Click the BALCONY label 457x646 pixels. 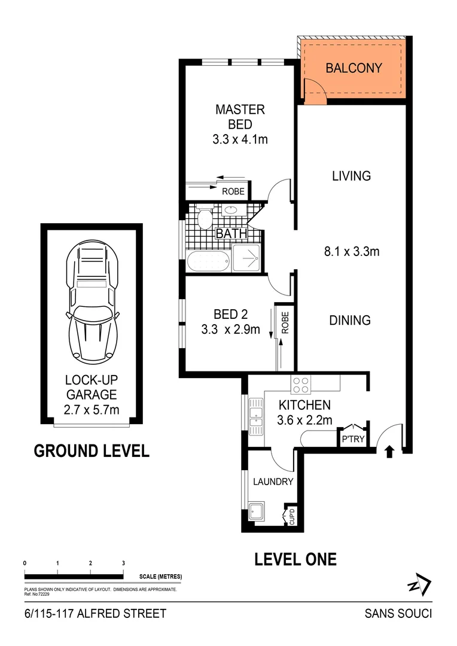(x=353, y=68)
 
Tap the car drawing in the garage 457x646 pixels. (x=92, y=303)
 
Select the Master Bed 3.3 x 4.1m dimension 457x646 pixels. (x=239, y=140)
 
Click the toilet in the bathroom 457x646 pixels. (x=205, y=218)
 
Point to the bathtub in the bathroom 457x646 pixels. (x=208, y=262)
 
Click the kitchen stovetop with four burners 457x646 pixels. (x=300, y=383)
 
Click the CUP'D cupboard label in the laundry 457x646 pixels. (x=292, y=516)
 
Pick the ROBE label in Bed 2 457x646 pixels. (x=285, y=323)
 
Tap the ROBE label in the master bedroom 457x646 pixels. (x=233, y=192)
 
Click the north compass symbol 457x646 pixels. (x=418, y=584)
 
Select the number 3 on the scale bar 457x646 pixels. (x=123, y=563)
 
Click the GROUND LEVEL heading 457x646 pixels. (x=92, y=451)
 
